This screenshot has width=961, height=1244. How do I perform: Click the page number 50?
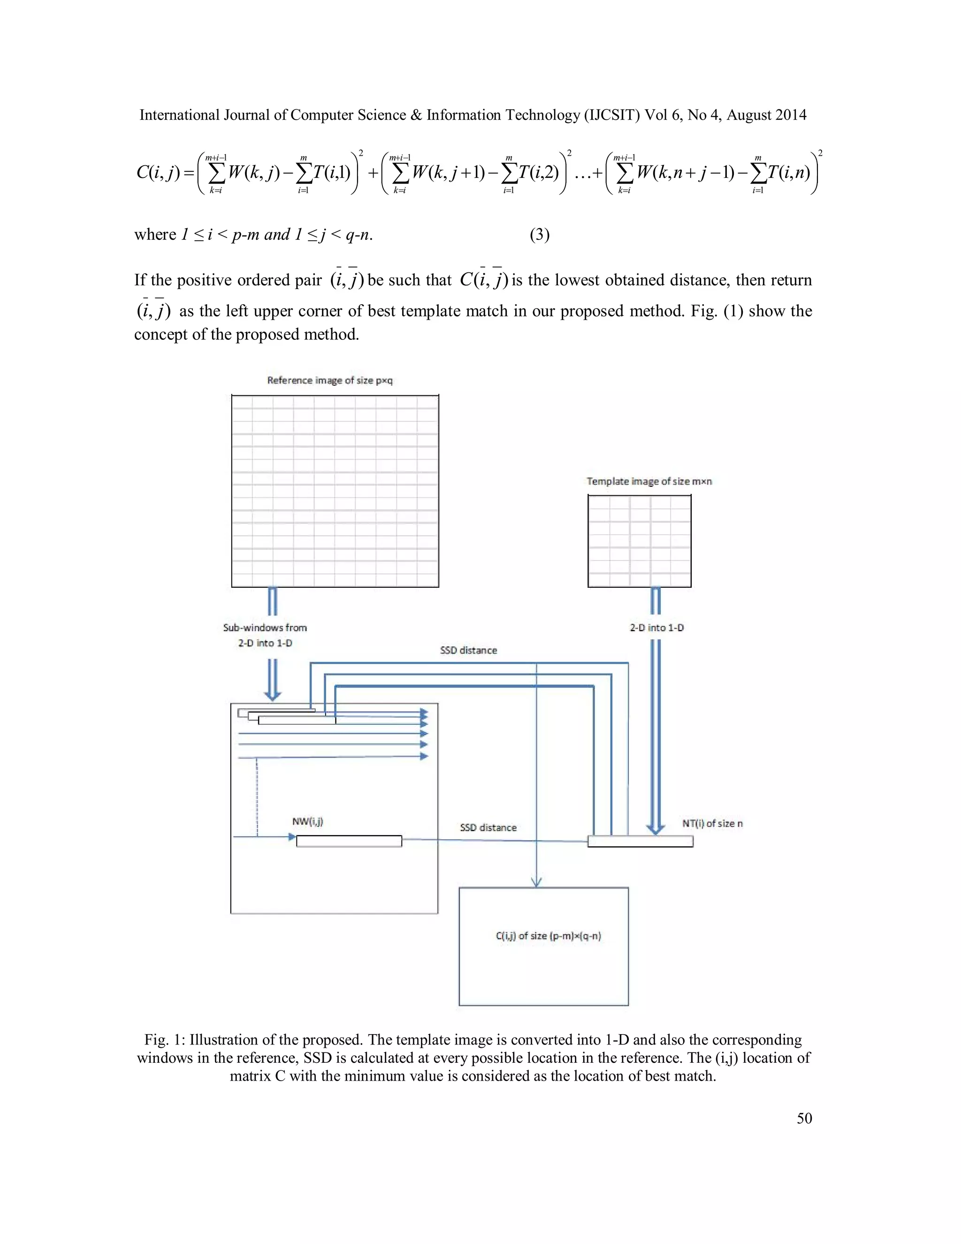pyautogui.click(x=804, y=1118)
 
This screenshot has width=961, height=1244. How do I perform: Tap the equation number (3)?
pyautogui.click(x=539, y=235)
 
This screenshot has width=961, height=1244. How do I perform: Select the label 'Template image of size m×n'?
pyautogui.click(x=649, y=481)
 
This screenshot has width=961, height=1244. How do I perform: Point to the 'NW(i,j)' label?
pyautogui.click(x=307, y=822)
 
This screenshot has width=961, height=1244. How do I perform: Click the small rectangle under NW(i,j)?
pyautogui.click(x=349, y=841)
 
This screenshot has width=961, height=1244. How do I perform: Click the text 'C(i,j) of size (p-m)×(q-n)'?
pyautogui.click(x=548, y=936)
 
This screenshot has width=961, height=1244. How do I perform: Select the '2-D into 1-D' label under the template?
pyautogui.click(x=656, y=628)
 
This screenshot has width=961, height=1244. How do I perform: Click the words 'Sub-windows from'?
pyautogui.click(x=265, y=628)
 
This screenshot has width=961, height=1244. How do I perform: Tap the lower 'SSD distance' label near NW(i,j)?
pyautogui.click(x=488, y=828)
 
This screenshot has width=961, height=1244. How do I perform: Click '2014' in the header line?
pyautogui.click(x=791, y=115)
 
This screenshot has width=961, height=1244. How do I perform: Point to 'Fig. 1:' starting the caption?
pyautogui.click(x=165, y=1039)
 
